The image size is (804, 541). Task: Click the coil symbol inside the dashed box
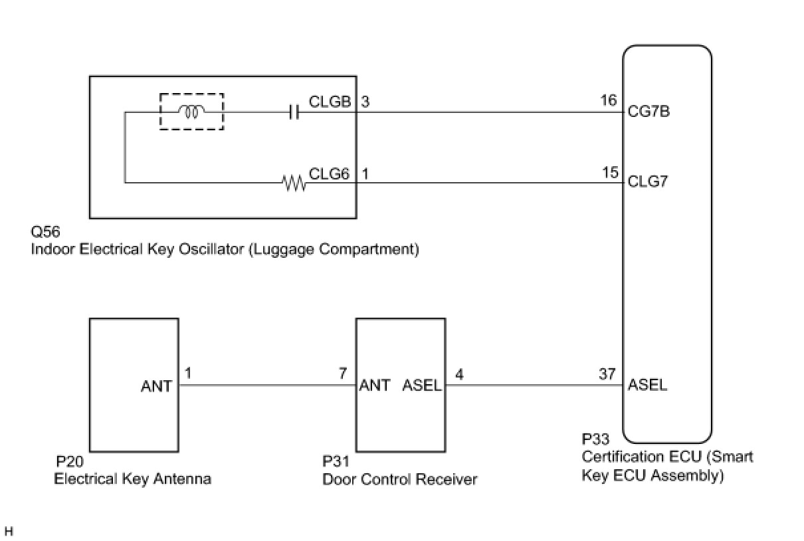coord(191,112)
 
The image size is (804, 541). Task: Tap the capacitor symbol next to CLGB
coord(294,113)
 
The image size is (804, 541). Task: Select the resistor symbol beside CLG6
coord(294,183)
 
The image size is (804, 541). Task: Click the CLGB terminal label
coord(330,102)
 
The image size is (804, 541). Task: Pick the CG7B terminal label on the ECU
coord(649,112)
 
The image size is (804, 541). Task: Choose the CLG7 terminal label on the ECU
coord(648,181)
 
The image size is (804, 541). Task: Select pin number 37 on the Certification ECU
coord(607,375)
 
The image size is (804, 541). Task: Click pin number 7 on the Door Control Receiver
coord(343,375)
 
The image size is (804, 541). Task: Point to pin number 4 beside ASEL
coord(459,375)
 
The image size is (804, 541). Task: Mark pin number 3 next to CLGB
coord(365,102)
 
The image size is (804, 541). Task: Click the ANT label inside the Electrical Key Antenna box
coord(156,385)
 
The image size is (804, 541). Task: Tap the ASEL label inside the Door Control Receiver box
coord(422,385)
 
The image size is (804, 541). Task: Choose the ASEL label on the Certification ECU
coord(648,385)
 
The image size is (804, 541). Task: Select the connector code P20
coord(70,462)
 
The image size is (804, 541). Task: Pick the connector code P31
coord(336,462)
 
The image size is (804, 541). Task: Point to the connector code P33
coord(595,440)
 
